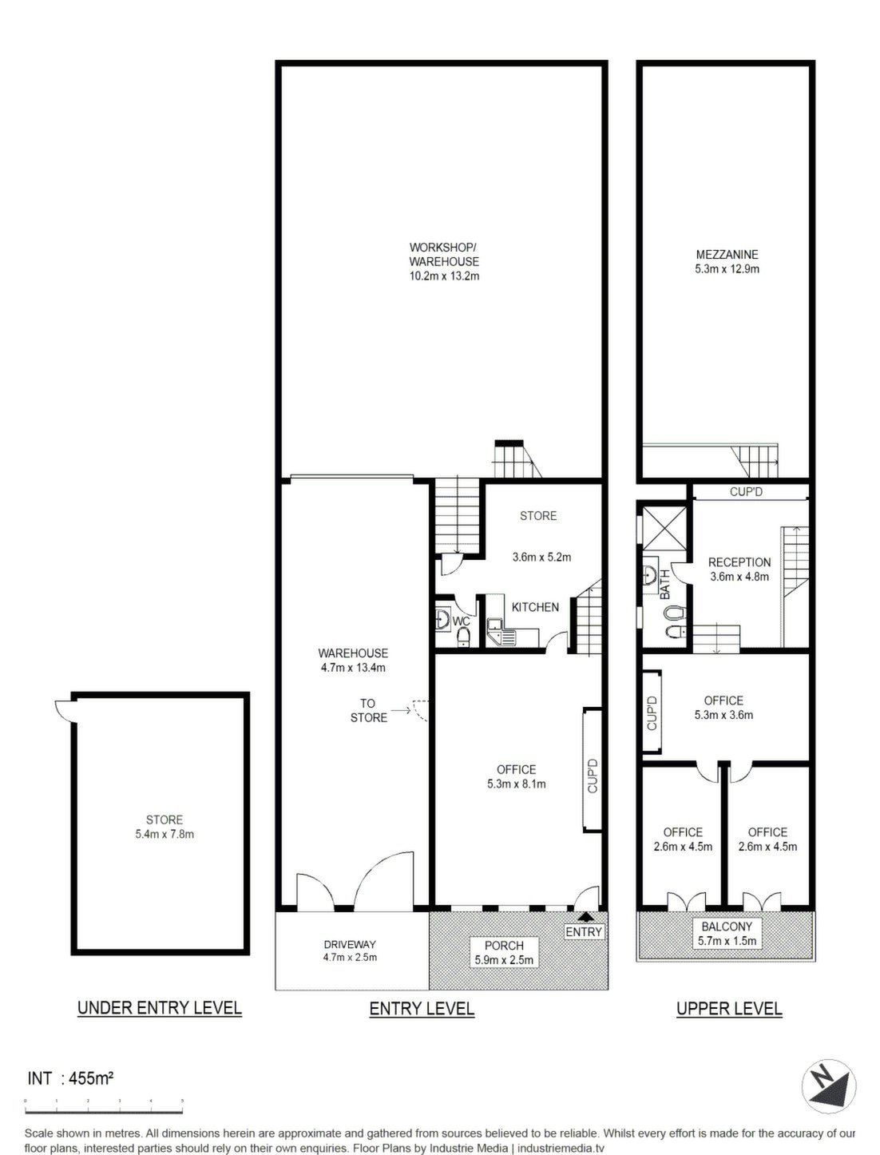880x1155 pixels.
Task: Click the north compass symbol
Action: coord(828,1085)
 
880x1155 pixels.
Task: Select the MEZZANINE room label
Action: coord(727,255)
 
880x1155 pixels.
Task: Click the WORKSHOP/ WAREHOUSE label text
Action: coord(444,254)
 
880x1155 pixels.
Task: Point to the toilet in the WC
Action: coord(463,637)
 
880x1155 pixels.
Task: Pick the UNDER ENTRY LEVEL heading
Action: coord(160,1008)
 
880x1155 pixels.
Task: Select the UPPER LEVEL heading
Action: coord(728,1008)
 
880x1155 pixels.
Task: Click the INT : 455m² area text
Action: coord(70,1078)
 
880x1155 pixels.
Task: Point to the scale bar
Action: coord(104,1111)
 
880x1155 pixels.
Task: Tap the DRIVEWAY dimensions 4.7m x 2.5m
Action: coord(350,957)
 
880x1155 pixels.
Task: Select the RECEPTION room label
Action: coord(739,562)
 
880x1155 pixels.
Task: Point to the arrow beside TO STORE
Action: coord(401,710)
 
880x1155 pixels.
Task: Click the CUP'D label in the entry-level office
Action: coord(593,775)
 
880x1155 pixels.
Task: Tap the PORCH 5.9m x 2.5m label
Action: coord(504,952)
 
